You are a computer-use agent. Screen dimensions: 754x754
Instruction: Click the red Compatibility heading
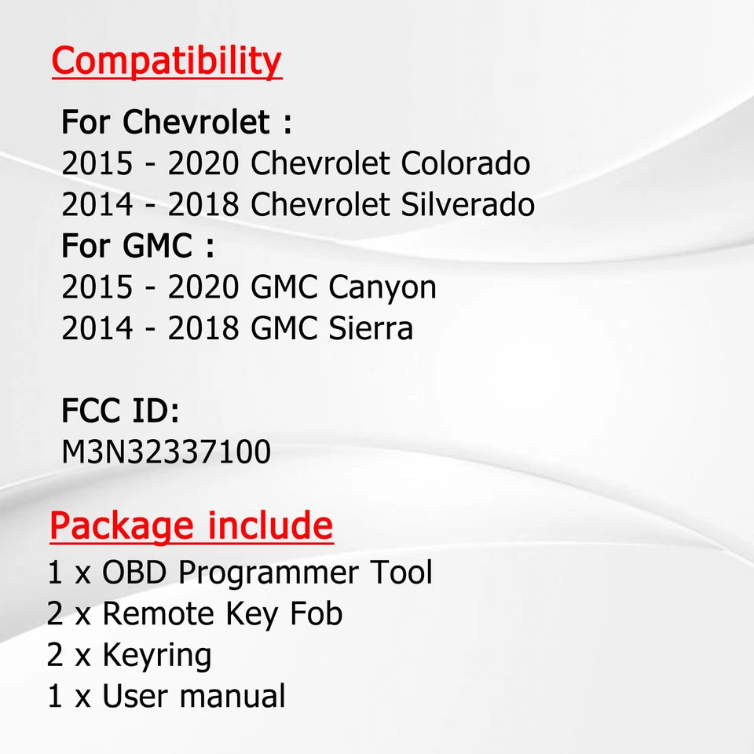point(166,60)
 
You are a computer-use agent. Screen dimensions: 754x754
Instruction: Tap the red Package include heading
point(191,525)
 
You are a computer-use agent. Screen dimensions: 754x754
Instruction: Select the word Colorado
point(466,163)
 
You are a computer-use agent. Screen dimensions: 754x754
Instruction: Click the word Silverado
point(468,204)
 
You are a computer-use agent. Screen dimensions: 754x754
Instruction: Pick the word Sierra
point(371,328)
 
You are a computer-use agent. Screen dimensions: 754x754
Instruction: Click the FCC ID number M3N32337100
point(167,452)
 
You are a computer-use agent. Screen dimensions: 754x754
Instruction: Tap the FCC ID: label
point(120,411)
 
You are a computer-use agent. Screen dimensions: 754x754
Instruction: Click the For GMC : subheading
point(137,246)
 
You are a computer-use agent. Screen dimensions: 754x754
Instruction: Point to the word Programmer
point(269,573)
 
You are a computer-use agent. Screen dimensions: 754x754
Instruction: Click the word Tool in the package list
point(401,572)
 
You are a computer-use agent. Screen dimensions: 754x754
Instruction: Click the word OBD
point(134,573)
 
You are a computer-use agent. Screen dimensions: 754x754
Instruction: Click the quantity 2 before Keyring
point(54,655)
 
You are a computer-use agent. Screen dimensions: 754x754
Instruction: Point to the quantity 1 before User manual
point(54,696)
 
